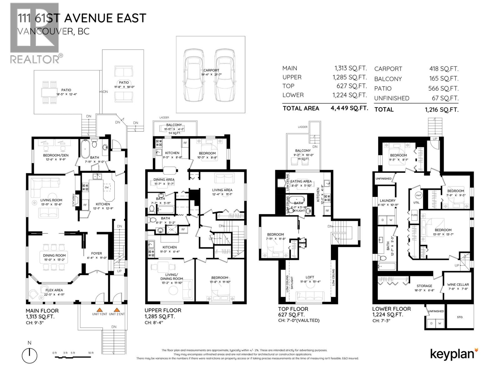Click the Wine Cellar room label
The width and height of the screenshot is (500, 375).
click(458, 284)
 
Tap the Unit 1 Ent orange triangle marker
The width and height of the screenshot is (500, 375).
click(99, 310)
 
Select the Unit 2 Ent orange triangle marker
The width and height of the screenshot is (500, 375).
click(117, 310)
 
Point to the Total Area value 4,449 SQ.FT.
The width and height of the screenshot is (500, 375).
click(349, 108)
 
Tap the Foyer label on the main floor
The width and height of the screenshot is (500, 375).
click(96, 253)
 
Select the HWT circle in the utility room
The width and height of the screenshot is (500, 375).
click(418, 195)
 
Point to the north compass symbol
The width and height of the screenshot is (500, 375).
click(29, 355)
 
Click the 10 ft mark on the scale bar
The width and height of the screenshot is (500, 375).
click(91, 353)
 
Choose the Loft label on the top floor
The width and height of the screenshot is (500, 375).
click(310, 277)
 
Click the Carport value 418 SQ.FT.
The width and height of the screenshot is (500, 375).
click(444, 69)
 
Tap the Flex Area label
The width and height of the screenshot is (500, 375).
click(54, 290)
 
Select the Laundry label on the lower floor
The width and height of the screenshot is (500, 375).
click(387, 201)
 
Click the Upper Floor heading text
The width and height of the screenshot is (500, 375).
click(162, 310)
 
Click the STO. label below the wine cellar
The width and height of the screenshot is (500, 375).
click(460, 317)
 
